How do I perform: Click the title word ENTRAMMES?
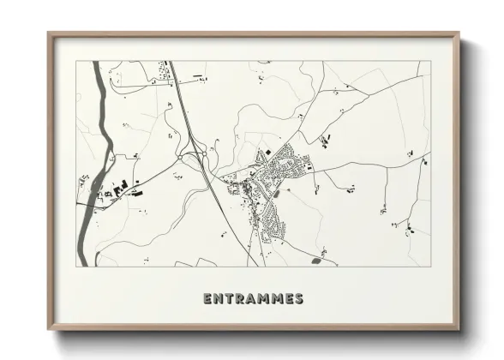coord(253,299)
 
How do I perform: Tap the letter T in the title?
coord(228,299)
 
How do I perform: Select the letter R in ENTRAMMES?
coord(239,299)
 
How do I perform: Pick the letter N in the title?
coord(218,299)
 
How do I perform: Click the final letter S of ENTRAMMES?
coord(298,299)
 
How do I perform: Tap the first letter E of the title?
coord(207,299)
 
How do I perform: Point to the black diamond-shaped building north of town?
coord(324,140)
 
